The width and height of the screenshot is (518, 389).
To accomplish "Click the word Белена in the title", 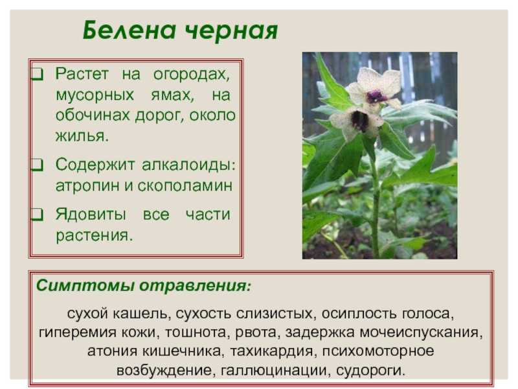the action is click(129, 30).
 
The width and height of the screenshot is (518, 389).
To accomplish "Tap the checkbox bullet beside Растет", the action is click(38, 74).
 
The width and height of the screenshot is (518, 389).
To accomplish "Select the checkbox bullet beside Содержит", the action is click(38, 165).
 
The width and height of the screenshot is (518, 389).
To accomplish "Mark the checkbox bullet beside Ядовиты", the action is click(38, 215).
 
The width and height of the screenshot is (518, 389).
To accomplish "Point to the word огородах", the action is click(191, 75).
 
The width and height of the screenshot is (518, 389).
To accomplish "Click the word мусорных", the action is click(95, 95).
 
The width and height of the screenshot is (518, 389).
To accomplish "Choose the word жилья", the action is click(82, 136).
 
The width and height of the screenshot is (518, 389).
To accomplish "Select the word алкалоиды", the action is click(188, 165).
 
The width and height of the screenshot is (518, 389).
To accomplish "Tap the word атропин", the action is click(87, 186).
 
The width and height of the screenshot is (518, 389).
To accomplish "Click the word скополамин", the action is click(185, 186).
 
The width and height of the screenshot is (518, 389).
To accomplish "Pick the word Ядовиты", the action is click(91, 215).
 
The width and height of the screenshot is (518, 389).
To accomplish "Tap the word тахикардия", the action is click(271, 351).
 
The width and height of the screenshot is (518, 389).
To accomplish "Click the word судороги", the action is click(370, 370).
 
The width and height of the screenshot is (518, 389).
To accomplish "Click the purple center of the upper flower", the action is click(376, 96).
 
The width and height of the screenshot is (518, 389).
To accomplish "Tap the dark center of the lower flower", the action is click(359, 121).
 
